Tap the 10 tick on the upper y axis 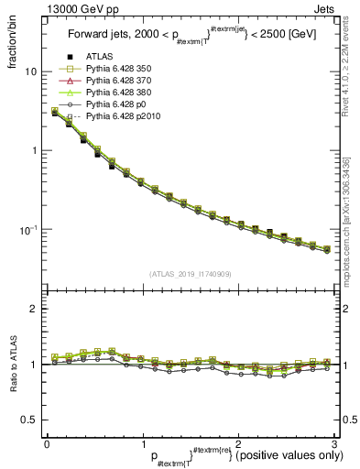pos(31,71)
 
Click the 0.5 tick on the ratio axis pos(29,420)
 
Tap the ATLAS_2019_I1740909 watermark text pos(191,274)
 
